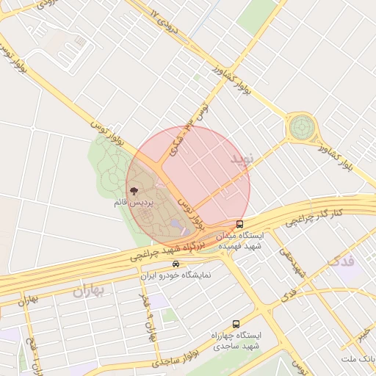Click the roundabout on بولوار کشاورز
(x=300, y=129)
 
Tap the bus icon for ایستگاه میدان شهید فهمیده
(x=239, y=224)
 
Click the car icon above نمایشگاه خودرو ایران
(x=176, y=263)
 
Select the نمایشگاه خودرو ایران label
(x=176, y=275)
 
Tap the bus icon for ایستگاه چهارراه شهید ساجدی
(x=236, y=323)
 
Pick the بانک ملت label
(x=358, y=358)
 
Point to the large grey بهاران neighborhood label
(x=89, y=291)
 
